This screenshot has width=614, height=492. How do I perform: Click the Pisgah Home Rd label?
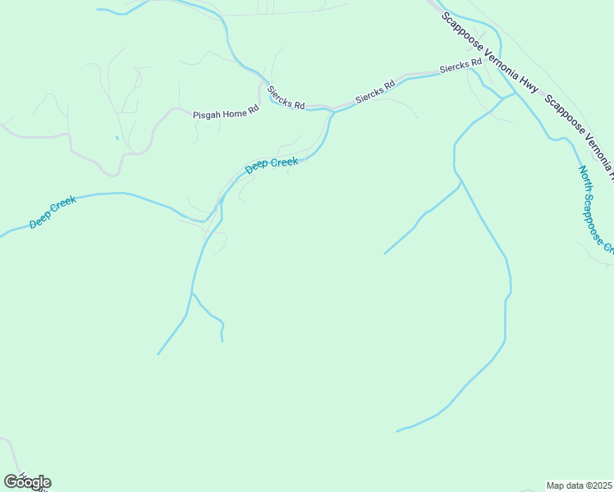tap(226, 115)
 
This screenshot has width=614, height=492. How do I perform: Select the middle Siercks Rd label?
tap(375, 92)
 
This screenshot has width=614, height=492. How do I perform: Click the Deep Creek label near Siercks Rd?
tap(272, 166)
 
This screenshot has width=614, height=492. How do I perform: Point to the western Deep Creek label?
tap(53, 212)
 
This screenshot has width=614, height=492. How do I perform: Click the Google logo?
tap(27, 481)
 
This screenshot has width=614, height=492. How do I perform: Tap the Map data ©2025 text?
tap(580, 485)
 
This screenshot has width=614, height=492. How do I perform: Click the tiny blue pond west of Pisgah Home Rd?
tap(117, 137)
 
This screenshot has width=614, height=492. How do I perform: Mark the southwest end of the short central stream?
tap(384, 253)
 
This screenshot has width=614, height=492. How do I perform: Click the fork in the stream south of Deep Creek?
tap(192, 293)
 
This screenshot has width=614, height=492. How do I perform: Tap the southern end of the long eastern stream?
tap(397, 430)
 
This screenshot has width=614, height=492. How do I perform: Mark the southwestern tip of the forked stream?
tap(158, 354)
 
